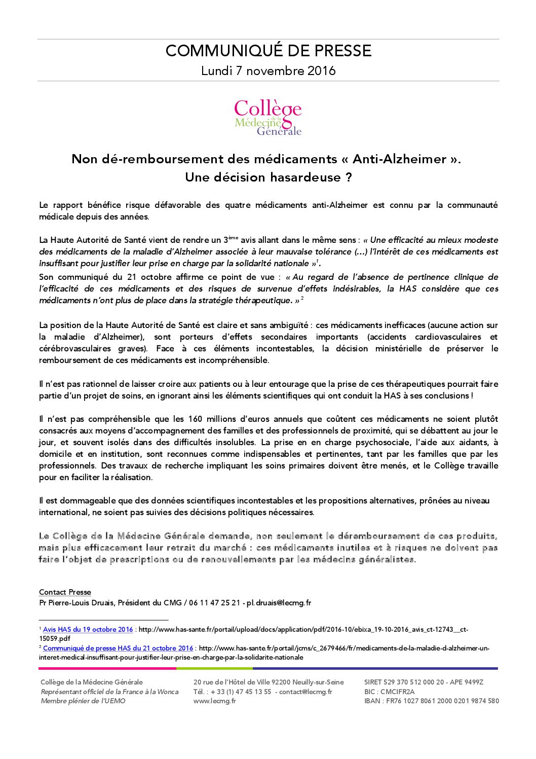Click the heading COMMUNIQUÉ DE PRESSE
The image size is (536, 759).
tap(268, 51)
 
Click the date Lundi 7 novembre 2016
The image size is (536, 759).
tap(268, 71)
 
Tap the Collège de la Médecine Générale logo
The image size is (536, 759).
tap(268, 118)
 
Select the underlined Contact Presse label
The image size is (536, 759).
tap(65, 592)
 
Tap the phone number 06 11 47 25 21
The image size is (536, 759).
tap(215, 603)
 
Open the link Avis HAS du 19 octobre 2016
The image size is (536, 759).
tap(88, 630)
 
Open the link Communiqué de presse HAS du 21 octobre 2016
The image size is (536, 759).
tap(118, 648)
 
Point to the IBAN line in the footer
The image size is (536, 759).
tap(431, 701)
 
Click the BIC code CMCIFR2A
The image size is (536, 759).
tap(398, 692)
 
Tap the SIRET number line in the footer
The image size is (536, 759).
tap(424, 682)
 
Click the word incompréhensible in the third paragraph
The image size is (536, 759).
tap(234, 360)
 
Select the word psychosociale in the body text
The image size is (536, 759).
tap(384, 443)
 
